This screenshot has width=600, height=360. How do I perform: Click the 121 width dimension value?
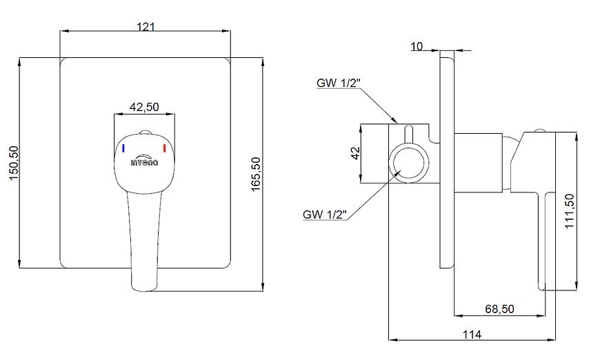point(146,26)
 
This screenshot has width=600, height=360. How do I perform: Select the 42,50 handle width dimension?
point(145,107)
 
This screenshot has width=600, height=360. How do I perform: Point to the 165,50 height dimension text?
point(256,175)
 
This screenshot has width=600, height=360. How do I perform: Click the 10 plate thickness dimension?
point(416,46)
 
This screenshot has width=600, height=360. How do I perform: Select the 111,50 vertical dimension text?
point(569,212)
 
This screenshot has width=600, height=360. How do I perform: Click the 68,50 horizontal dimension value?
point(499,309)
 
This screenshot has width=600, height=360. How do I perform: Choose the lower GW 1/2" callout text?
point(325,214)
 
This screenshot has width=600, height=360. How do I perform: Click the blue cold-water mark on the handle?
point(123,148)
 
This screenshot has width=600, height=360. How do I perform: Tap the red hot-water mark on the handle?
point(165,148)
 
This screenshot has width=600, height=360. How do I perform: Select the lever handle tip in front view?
point(144,281)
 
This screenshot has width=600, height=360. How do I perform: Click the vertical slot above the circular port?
point(408,135)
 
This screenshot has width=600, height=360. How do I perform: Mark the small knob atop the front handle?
point(144,132)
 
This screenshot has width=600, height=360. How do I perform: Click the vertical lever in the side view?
point(541,241)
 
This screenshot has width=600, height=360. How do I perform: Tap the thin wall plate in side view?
point(446,159)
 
